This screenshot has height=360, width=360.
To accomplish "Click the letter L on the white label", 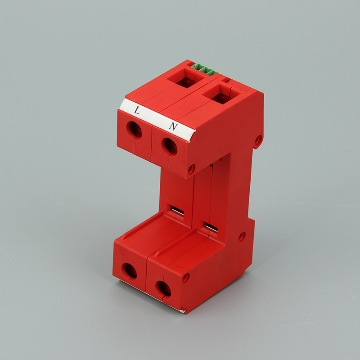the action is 137,110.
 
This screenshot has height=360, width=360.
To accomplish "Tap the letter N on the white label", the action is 174,126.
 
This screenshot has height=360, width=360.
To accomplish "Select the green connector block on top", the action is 206,70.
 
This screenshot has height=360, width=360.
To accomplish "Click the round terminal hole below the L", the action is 134,130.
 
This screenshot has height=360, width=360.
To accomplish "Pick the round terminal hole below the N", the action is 170,146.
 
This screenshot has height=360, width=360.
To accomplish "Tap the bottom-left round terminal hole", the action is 129,271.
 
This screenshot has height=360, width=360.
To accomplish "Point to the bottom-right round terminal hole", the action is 163,289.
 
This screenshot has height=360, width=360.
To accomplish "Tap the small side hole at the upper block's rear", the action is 258,140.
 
